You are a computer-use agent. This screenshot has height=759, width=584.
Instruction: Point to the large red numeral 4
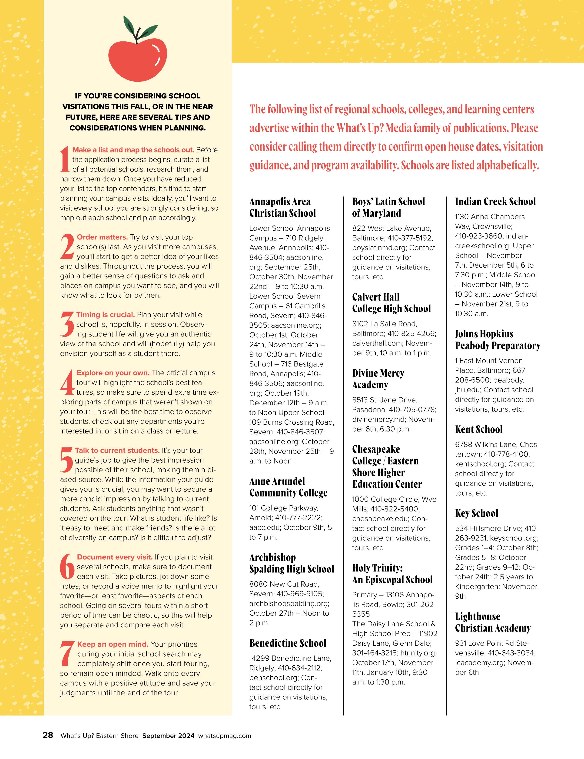click(x=67, y=383)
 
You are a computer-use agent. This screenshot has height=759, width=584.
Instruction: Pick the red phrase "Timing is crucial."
click(x=106, y=315)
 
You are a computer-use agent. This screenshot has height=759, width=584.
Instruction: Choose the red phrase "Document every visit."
click(x=115, y=557)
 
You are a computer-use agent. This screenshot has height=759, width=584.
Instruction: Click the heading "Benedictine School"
click(x=288, y=643)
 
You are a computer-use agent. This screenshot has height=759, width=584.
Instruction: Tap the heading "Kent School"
click(x=479, y=429)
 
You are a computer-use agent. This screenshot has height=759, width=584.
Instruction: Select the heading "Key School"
click(x=476, y=513)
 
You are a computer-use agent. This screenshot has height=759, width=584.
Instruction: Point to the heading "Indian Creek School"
click(x=495, y=202)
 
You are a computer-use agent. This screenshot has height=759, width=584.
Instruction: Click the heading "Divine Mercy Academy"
click(x=378, y=379)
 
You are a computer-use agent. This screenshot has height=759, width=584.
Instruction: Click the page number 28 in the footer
click(x=48, y=735)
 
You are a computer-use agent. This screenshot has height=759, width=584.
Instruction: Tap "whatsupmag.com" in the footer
click(x=225, y=736)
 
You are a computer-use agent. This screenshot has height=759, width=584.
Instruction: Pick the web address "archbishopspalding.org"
click(x=289, y=603)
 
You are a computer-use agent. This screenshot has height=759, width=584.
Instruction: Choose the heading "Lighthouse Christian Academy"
click(x=493, y=622)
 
